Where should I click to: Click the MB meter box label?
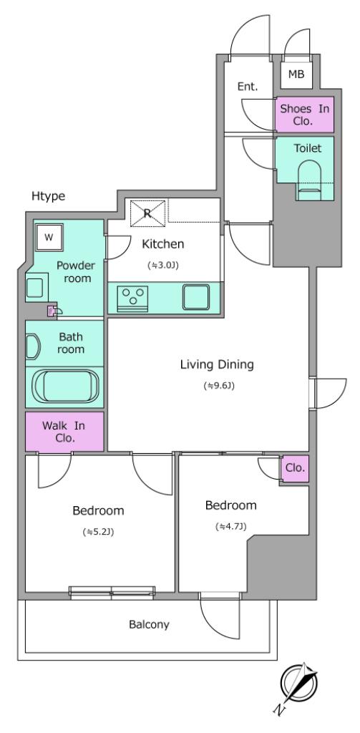(296, 74)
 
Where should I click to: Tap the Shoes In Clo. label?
(304, 115)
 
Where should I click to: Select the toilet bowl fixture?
(308, 180)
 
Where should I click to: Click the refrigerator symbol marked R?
(147, 213)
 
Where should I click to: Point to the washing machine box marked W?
(49, 237)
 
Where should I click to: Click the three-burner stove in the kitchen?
(132, 298)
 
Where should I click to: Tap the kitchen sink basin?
(196, 297)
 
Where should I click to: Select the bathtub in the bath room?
(65, 386)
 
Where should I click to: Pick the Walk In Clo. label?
(64, 432)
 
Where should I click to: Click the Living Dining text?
(217, 364)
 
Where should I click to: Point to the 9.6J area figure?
(218, 386)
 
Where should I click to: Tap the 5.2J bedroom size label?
(99, 532)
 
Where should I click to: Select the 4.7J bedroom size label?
(231, 526)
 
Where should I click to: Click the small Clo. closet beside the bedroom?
(295, 468)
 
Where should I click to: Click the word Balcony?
(149, 624)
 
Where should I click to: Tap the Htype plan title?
(48, 196)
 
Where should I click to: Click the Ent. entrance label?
(248, 87)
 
